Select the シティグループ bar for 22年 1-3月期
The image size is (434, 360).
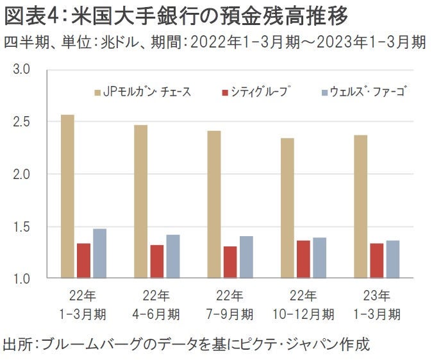83,261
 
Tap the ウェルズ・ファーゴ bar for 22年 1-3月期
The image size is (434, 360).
99,253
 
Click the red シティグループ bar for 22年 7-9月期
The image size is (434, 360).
230,262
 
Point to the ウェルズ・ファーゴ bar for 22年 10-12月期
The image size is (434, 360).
319,257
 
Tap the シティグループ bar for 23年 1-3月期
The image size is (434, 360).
377,261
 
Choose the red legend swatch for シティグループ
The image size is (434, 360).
225,92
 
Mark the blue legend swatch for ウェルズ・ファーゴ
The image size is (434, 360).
325,92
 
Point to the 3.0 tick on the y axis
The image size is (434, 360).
22,69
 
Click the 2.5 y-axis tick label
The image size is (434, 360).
22,121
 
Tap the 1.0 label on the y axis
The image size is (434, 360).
22,279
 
